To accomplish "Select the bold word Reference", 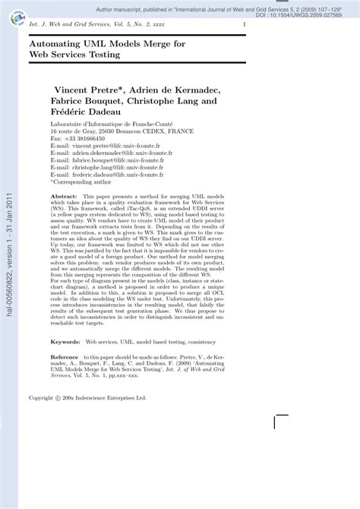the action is pyautogui.click(x=65, y=356).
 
